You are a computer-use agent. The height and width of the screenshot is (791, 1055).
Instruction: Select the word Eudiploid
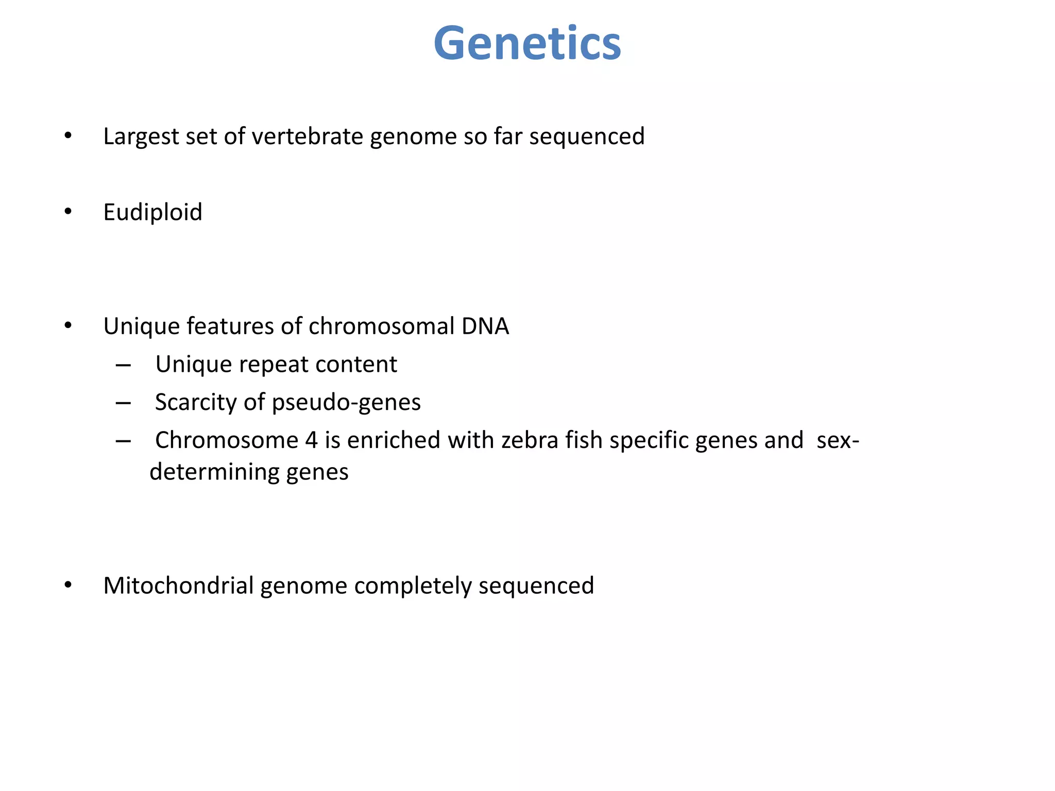pyautogui.click(x=152, y=212)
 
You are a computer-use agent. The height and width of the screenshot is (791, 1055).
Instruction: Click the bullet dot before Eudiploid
pyautogui.click(x=68, y=212)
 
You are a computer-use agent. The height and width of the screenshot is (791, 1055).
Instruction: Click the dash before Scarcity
pyautogui.click(x=123, y=403)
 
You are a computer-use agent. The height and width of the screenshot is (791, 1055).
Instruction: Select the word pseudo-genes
pyautogui.click(x=346, y=403)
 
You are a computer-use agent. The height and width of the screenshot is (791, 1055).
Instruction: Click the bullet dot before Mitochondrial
pyautogui.click(x=68, y=586)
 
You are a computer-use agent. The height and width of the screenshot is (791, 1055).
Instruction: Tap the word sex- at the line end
pyautogui.click(x=838, y=441)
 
